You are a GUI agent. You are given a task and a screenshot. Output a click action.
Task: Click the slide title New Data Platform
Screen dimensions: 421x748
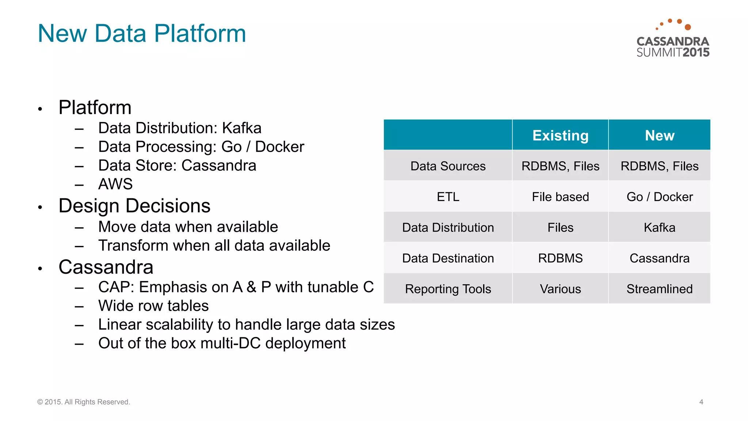pos(142,33)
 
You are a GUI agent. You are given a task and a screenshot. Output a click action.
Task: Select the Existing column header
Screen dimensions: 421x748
pos(560,135)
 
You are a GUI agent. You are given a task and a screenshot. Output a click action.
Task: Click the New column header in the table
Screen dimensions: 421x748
pos(659,135)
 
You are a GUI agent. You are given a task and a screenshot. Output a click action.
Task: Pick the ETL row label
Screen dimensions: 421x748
pos(448,197)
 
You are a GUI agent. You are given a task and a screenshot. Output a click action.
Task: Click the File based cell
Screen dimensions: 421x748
pos(560,197)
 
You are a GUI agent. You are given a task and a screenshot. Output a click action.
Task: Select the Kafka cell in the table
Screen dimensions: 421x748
pos(659,227)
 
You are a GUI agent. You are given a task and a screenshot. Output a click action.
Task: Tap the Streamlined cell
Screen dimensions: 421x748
pos(659,289)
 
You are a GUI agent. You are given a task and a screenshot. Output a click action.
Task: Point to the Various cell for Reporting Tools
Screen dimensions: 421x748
pos(560,289)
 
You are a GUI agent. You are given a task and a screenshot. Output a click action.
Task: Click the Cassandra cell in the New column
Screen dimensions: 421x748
pos(659,258)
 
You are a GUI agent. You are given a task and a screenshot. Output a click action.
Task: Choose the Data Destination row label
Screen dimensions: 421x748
pos(448,258)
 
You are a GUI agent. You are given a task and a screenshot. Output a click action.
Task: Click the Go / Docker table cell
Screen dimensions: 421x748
pos(659,197)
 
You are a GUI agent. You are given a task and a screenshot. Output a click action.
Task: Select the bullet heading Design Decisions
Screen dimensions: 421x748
pos(134,206)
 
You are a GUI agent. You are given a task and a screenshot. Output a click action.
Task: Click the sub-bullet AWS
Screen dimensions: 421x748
pos(115,184)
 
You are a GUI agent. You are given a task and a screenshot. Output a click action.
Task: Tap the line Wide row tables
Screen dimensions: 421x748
pos(153,306)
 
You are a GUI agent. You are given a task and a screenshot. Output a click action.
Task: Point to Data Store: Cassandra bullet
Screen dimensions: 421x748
pos(177,165)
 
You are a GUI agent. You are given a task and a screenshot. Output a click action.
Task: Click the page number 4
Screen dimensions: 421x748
pos(701,402)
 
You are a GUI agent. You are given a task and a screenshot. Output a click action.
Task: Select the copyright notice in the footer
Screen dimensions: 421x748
pos(84,402)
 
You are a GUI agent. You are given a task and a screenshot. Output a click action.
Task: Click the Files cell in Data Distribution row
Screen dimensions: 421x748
pos(560,227)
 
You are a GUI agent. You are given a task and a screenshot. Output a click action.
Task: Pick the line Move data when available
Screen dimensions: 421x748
pos(188,227)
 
